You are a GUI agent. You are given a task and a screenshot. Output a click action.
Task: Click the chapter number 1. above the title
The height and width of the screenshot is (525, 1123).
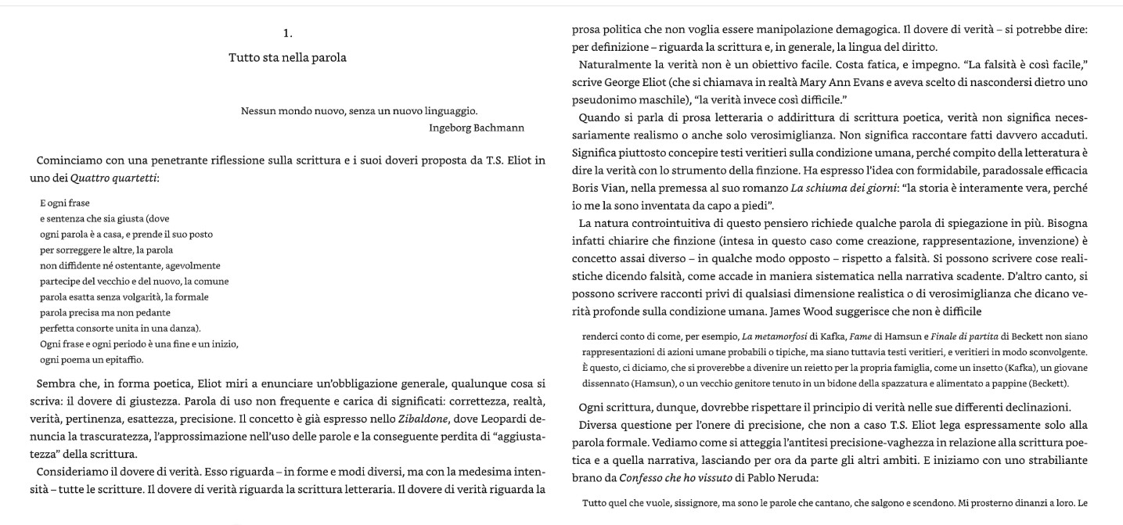point(287,33)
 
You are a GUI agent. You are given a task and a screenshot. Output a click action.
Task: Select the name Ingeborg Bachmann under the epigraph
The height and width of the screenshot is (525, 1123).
point(477,128)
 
